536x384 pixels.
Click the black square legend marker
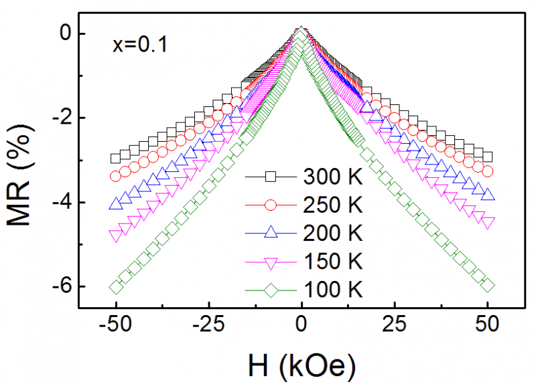pos(270,177)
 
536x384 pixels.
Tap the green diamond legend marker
pos(270,290)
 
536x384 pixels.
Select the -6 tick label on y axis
pos(62,287)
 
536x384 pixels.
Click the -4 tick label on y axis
pos(62,203)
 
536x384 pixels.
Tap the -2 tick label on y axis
pos(62,118)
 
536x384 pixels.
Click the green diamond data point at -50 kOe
pos(116,286)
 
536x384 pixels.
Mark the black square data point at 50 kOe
pos(488,157)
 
